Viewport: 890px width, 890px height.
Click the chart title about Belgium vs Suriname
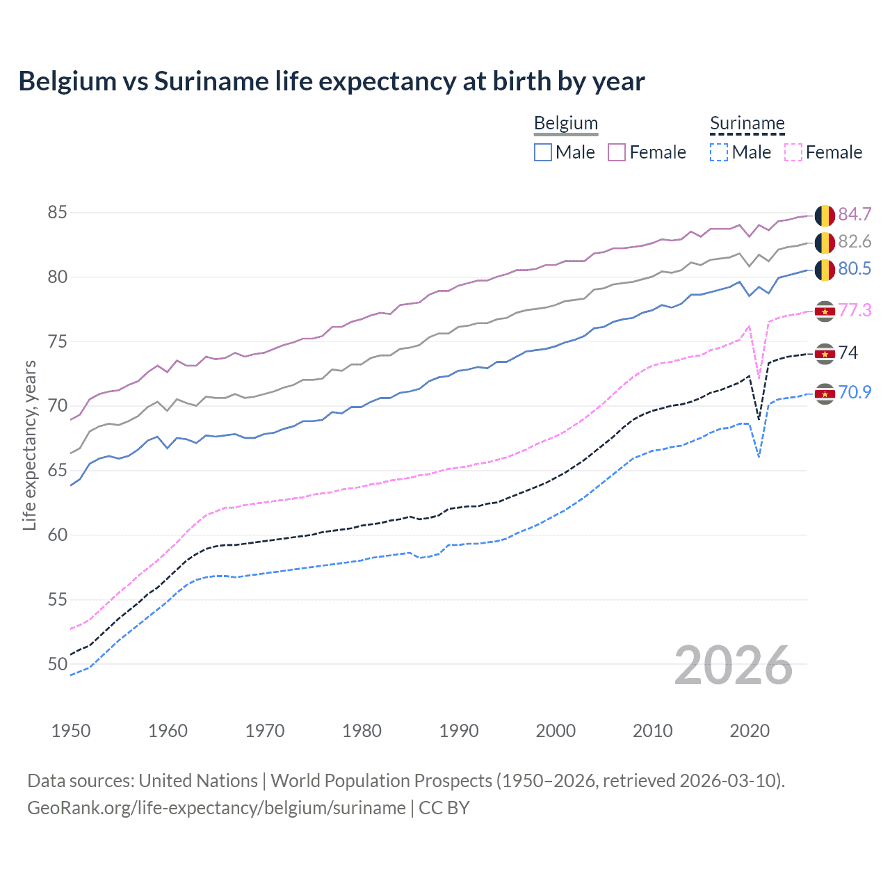[x=332, y=81]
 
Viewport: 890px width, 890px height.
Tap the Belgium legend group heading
[x=565, y=123]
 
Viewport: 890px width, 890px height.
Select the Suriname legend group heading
[x=747, y=123]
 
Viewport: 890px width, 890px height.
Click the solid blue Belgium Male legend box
[x=543, y=152]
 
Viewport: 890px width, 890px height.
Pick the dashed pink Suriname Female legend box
[x=793, y=152]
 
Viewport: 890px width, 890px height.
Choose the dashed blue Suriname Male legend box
[x=719, y=152]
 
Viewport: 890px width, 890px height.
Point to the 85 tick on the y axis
[x=57, y=212]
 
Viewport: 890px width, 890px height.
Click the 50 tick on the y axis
[x=57, y=664]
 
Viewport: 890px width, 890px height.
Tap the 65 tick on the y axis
[x=57, y=471]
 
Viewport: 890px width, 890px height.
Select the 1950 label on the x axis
[x=71, y=731]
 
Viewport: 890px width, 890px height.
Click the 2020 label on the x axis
[x=750, y=731]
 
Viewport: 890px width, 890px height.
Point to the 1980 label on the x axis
[x=362, y=731]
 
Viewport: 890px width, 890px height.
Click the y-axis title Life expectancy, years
[x=29, y=445]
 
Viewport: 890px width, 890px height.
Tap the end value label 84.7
[x=855, y=214]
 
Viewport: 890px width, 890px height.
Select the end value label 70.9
[x=855, y=392]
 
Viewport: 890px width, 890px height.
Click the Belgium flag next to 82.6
[x=825, y=243]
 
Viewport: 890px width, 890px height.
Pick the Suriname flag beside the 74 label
[x=825, y=353]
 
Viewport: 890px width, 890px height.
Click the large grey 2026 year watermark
[x=733, y=665]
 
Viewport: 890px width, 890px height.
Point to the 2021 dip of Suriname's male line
[x=759, y=456]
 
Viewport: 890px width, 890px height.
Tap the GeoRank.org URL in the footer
[x=216, y=808]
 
